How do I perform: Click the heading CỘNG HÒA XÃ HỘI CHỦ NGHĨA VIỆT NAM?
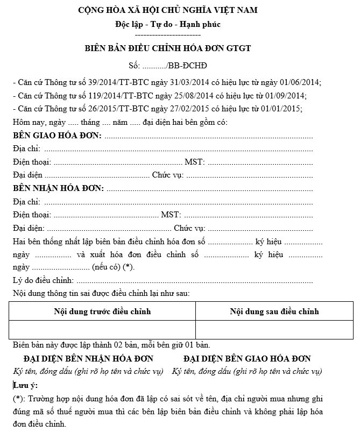tap(167, 10)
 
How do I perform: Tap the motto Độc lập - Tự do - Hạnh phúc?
tap(167, 24)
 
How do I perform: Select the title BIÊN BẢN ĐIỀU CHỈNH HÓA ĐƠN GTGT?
tap(167, 48)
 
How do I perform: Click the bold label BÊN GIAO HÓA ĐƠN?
tap(57, 135)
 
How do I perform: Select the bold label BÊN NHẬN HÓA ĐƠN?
tap(58, 188)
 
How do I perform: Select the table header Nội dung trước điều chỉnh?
tap(102, 311)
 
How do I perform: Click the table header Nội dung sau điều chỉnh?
tap(274, 311)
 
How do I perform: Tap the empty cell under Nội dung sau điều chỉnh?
tap(274, 329)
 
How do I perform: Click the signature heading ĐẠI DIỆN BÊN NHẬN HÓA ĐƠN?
tap(88, 358)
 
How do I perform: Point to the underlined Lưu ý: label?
tap(25, 385)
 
